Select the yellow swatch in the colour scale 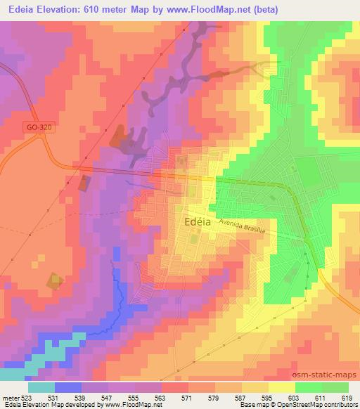281,387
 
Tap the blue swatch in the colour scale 67,387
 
